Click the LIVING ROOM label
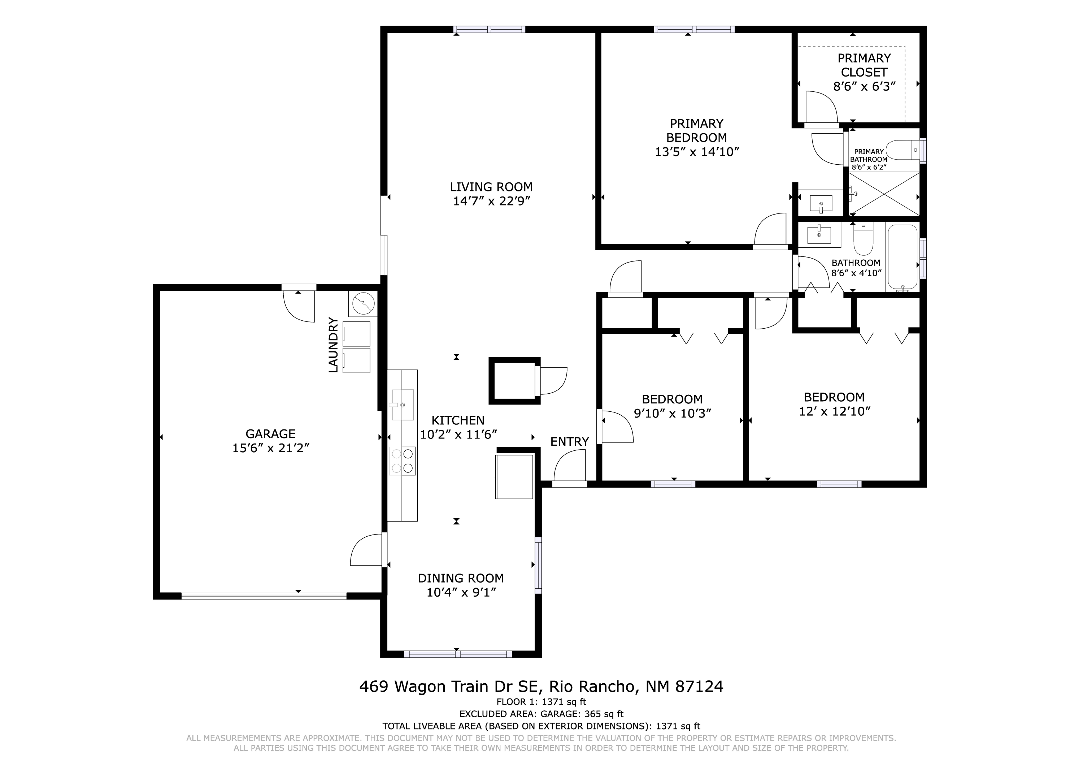coord(491,187)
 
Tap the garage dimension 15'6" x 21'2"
coord(270,448)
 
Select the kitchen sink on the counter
coord(403,404)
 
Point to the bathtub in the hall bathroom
coord(902,258)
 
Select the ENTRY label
coord(569,442)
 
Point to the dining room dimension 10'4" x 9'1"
coord(461,592)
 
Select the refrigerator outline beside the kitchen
coord(514,477)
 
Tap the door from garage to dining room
coord(366,550)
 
